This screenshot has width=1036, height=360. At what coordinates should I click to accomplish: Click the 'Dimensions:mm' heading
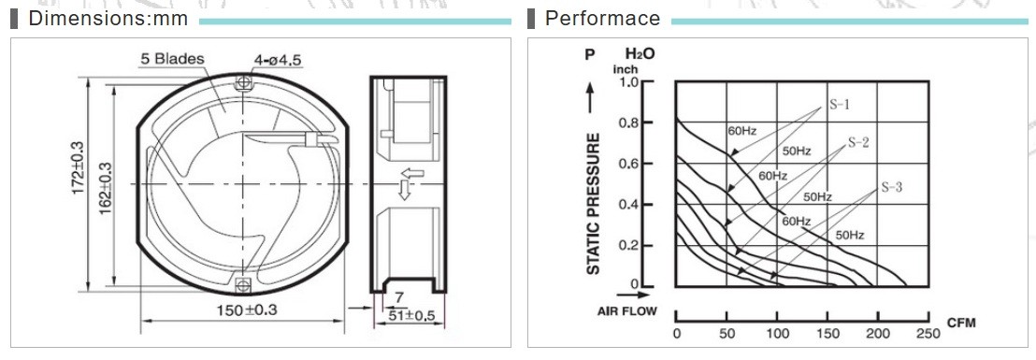[108, 19]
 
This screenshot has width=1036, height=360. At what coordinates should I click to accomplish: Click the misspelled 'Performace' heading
[602, 19]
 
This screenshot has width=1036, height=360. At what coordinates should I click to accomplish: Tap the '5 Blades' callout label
[172, 59]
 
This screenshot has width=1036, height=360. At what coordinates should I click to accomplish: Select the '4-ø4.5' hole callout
[278, 60]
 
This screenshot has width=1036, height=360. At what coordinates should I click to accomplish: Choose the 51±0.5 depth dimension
[410, 315]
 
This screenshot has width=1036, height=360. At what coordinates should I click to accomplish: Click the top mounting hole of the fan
[244, 82]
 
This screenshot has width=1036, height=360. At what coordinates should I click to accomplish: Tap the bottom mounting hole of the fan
[244, 284]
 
